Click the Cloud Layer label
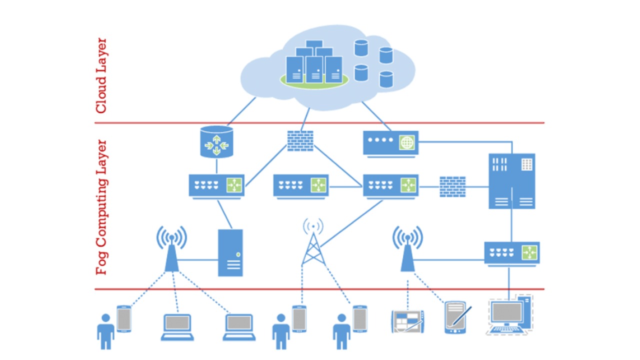[101, 75]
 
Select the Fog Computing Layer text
[101, 207]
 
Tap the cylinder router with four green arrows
[216, 142]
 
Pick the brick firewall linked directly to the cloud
[300, 140]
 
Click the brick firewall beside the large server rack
[452, 186]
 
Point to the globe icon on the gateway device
[407, 142]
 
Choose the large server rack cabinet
[511, 180]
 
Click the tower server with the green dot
[230, 252]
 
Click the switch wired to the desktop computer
[511, 252]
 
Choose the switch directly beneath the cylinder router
[216, 185]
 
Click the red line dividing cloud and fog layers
[320, 122]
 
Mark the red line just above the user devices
[320, 289]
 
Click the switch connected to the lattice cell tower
[390, 185]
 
